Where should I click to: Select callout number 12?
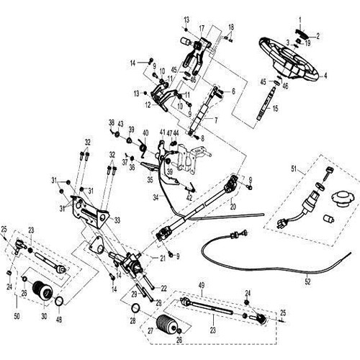[147, 104]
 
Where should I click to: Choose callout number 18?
[231, 27]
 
